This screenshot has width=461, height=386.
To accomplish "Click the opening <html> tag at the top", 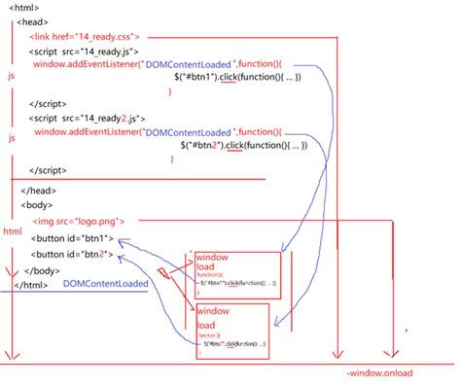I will (x=25, y=6).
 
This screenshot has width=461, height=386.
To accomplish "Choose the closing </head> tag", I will (x=40, y=191).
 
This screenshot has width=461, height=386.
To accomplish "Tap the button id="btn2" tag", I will (x=74, y=255).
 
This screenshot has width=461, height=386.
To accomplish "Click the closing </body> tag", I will (x=42, y=270).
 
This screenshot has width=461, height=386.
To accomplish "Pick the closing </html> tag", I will (x=32, y=285).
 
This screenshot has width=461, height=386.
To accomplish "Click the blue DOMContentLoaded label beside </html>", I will (x=106, y=284).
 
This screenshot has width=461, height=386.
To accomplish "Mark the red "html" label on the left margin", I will (x=12, y=232).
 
